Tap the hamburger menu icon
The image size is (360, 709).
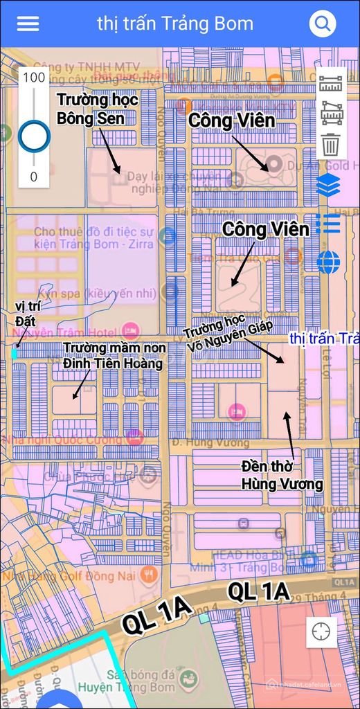coord(28,24)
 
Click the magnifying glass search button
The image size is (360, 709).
coord(322,24)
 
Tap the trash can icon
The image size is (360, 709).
coord(331,145)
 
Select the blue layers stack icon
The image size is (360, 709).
coord(328,185)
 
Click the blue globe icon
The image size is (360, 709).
coord(329,262)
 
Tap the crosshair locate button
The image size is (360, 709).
coord(321,631)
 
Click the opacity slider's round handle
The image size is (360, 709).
coord(33,136)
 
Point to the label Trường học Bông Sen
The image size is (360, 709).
coord(97,109)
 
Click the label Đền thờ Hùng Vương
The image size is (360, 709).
coord(282,474)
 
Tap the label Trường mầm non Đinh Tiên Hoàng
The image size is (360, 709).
coord(112,355)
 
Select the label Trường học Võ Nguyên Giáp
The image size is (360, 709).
coord(228,337)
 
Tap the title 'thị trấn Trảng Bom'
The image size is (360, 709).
coord(175,24)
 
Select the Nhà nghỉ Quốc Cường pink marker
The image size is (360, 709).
coord(135,437)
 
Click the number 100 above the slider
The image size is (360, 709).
coord(33,77)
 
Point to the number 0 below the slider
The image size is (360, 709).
coord(33,177)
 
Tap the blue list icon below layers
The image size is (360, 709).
coord(328,224)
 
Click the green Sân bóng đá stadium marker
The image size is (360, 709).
coord(186,679)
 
